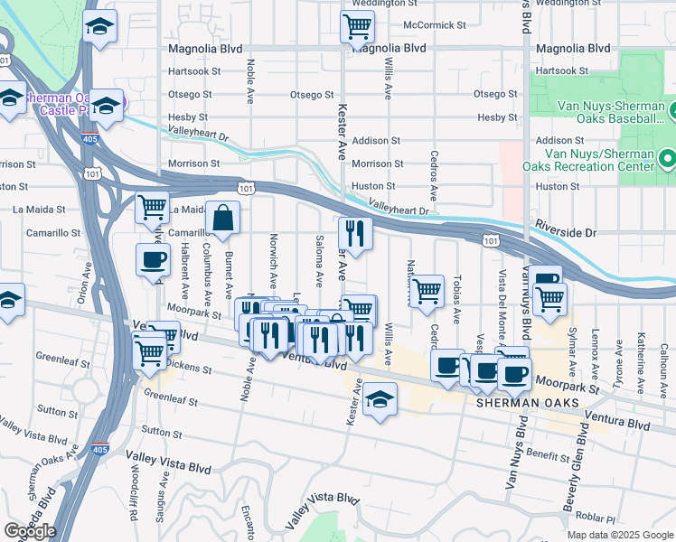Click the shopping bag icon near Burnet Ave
(222, 218)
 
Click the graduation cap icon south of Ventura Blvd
(380, 398)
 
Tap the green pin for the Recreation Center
(668, 160)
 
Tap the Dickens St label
(189, 369)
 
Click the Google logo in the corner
(29, 531)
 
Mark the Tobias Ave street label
(457, 299)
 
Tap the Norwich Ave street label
(273, 257)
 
